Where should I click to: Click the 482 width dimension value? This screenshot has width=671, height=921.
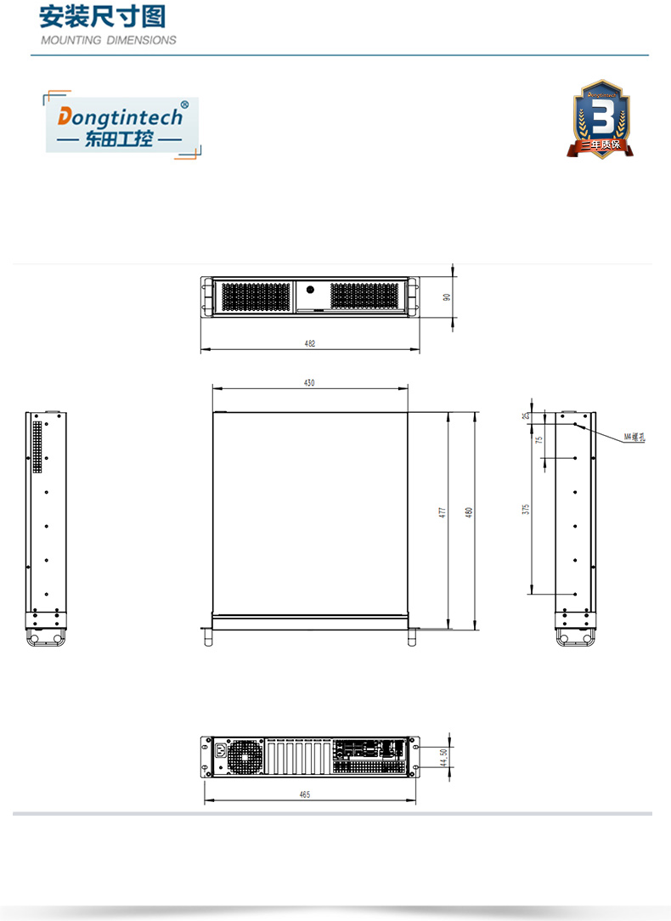point(310,344)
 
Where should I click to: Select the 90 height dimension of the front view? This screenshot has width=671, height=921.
point(447,297)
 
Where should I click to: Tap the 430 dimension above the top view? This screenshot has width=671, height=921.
point(309,383)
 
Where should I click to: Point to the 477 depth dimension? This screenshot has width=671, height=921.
point(442,512)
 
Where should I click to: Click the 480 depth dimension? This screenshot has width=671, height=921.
point(468,512)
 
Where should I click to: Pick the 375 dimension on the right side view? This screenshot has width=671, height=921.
point(526,509)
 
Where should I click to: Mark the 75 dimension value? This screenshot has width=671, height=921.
point(538,440)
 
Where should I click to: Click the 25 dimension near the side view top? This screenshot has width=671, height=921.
point(526,415)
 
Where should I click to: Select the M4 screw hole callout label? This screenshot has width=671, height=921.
point(634,437)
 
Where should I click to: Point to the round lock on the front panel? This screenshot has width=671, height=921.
point(310,291)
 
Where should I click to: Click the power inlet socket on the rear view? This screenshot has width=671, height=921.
point(223,749)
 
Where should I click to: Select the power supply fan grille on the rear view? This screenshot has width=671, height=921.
point(245,755)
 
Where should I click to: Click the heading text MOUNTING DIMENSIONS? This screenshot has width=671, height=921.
point(109,40)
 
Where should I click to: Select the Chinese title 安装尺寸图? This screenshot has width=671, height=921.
point(102,16)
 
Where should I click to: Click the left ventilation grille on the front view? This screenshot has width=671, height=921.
point(256,297)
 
